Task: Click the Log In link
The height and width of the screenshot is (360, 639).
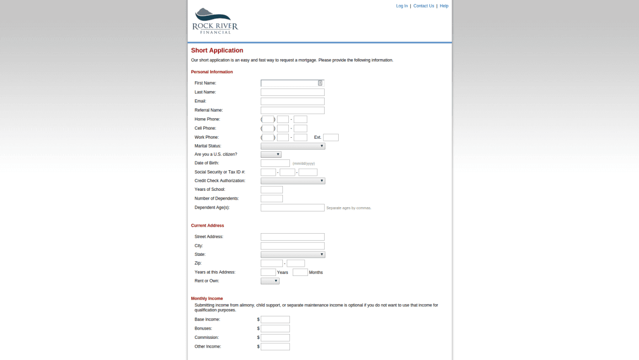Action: pos(402,6)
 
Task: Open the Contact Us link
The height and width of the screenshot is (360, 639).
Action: pos(423,6)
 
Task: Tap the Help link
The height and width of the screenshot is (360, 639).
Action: pos(444,6)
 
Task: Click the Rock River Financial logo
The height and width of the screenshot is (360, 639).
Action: pos(215,21)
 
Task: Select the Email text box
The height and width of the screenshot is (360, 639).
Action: pos(292,101)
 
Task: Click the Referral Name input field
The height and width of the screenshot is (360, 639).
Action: pos(292,110)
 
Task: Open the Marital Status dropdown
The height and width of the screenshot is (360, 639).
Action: pos(293,146)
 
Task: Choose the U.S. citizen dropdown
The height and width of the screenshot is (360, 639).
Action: pos(271,155)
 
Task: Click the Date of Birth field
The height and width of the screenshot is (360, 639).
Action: pos(275,163)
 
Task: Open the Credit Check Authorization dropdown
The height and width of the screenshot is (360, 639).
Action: pos(293,181)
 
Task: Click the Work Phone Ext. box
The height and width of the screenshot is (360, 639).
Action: pos(331,137)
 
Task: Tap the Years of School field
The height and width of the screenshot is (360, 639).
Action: pos(272,190)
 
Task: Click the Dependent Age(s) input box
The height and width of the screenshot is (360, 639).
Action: pos(292,208)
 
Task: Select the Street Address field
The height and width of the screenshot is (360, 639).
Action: pos(292,237)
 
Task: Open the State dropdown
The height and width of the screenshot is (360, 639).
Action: pos(293,254)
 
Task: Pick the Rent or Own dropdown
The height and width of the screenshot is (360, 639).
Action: pos(270,281)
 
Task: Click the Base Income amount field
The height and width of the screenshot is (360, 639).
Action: pos(275,320)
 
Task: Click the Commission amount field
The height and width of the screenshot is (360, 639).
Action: pos(275,338)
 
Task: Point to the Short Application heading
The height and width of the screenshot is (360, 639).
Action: pos(217,50)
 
